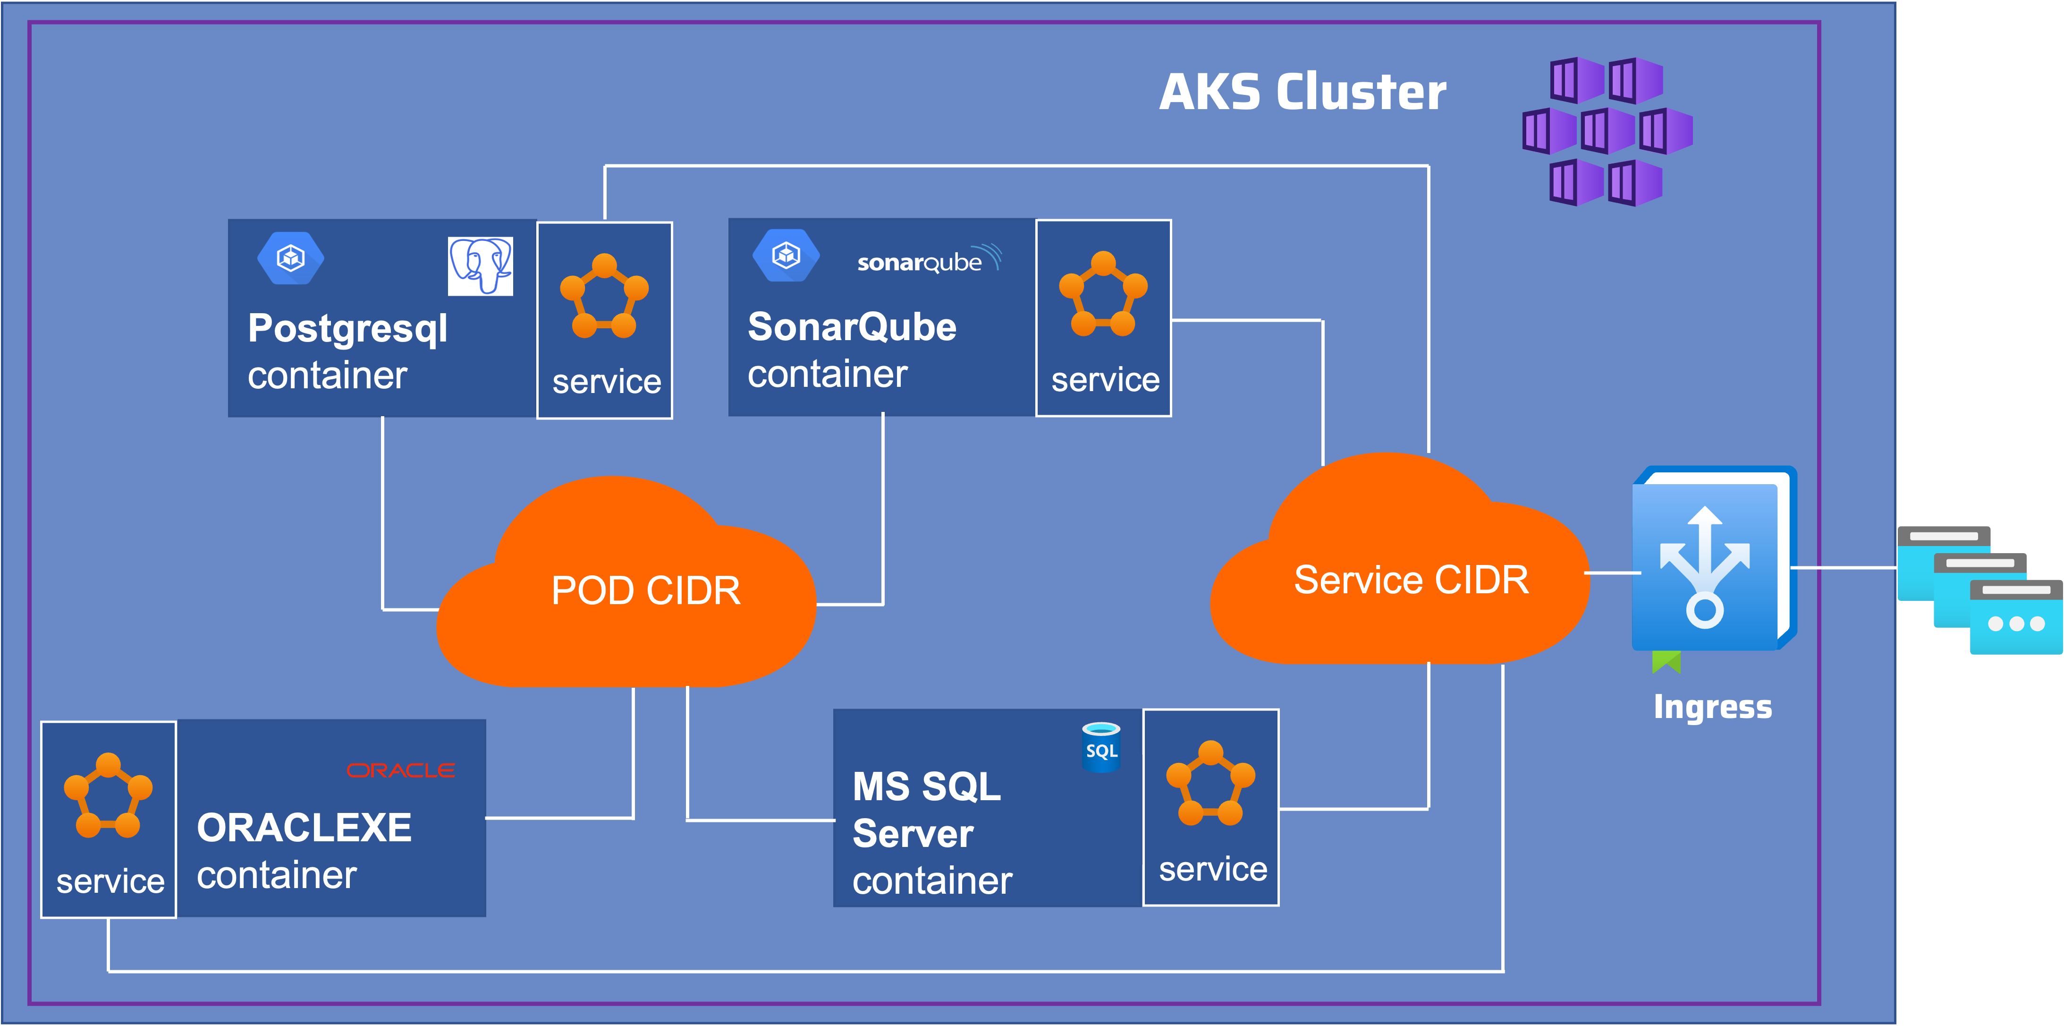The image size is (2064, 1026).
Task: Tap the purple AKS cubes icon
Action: [x=1607, y=131]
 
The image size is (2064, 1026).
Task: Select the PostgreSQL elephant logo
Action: [x=480, y=266]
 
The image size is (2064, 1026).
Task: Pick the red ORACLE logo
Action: [x=401, y=770]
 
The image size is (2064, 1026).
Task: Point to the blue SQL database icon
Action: [x=1101, y=747]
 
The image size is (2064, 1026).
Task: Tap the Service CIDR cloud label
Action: [x=1411, y=580]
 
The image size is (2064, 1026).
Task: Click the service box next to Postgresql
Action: [x=605, y=321]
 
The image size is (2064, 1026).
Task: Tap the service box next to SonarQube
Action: [x=1103, y=318]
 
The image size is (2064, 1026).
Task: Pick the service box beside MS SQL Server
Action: [x=1210, y=807]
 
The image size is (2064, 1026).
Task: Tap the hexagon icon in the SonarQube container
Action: [x=786, y=256]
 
